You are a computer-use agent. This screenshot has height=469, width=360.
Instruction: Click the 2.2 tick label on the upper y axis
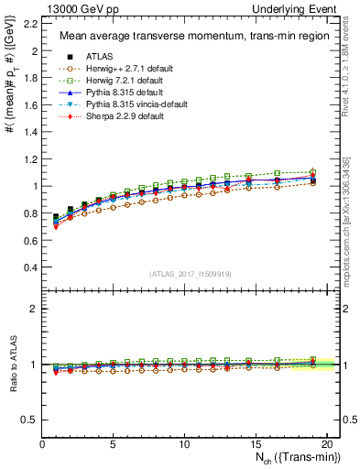(29, 24)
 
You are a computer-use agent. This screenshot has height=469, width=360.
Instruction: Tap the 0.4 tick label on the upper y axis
(29, 267)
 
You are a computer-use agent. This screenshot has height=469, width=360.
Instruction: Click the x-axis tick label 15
(255, 443)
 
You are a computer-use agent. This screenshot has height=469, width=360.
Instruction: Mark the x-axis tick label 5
(113, 443)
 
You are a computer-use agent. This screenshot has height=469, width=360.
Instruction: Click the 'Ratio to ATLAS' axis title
(11, 365)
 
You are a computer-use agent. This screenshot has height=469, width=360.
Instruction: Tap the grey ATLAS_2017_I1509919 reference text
(190, 273)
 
